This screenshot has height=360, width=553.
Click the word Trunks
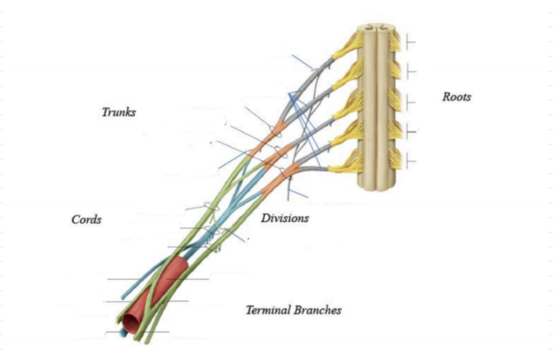point(119,112)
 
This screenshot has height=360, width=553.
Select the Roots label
point(456,97)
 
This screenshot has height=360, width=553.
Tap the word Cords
point(87,220)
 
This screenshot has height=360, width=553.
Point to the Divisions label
point(285,218)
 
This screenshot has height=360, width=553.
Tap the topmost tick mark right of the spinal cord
point(410,42)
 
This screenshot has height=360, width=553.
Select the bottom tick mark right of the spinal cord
point(410,162)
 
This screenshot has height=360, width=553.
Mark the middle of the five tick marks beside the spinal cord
point(410,102)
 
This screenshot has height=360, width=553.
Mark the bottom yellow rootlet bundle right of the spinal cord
point(396,161)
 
